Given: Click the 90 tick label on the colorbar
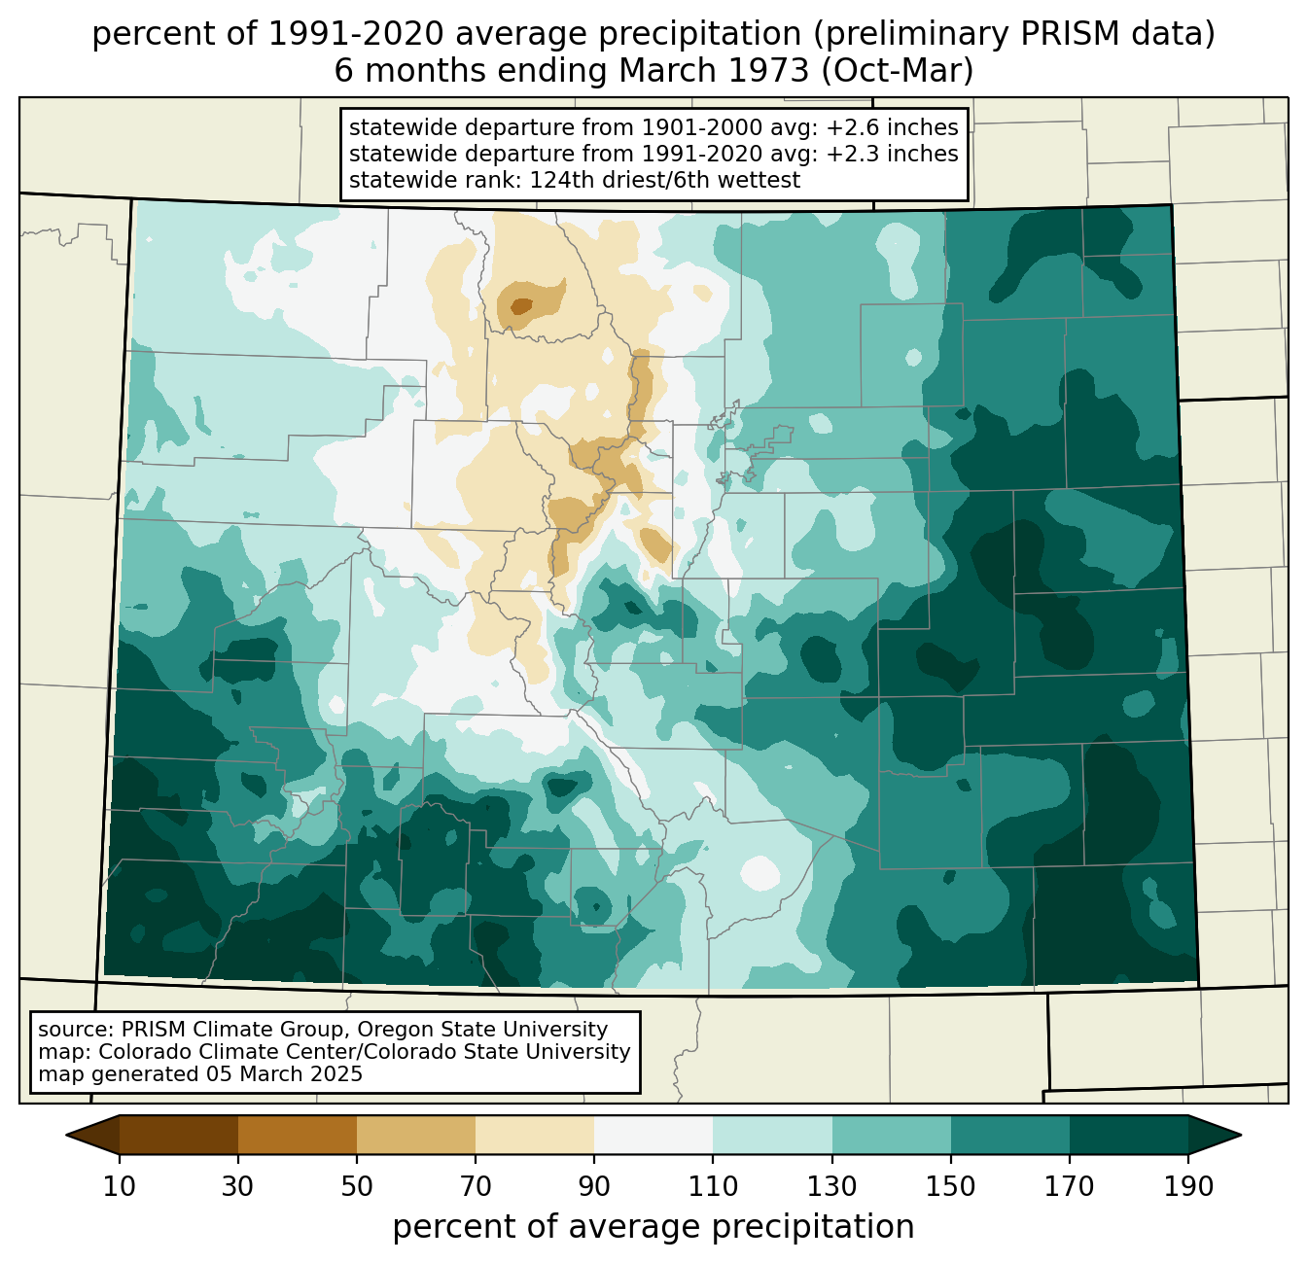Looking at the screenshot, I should point(594,1186).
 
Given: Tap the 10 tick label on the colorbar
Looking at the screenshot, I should point(120,1186).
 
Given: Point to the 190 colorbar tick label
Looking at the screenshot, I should point(1187,1186).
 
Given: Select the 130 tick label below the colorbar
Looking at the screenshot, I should point(832,1186).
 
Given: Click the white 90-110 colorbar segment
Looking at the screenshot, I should point(653,1135).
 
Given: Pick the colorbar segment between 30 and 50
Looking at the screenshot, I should point(298,1135).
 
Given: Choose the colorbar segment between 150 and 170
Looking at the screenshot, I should point(1010,1135).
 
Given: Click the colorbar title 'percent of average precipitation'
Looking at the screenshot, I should point(653,1227).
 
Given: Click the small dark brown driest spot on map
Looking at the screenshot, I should point(521,306).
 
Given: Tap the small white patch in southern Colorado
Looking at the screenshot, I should point(761,872).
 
